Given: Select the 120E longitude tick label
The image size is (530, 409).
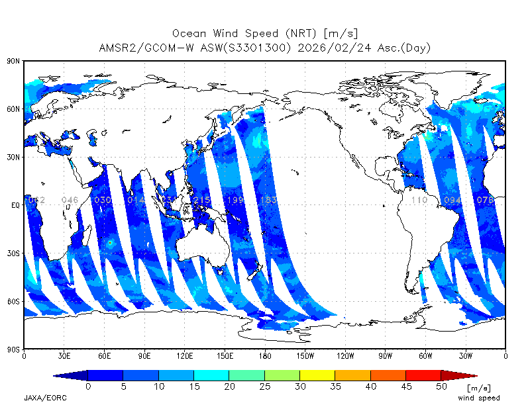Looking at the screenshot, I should pos(185,355).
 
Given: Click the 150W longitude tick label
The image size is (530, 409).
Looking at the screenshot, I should pos(305,355).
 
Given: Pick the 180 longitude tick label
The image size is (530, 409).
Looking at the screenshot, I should pos(265,355).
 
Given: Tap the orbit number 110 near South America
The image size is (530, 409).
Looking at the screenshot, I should pos(419,200).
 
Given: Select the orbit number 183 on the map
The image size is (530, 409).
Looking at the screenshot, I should pos(268,200).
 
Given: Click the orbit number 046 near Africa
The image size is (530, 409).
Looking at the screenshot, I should pos(70,200).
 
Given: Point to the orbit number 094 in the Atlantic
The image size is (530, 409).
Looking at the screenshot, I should pos(452,200).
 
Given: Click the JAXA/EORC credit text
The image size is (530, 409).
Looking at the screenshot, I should pos(45,398).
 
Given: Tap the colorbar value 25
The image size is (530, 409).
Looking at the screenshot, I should pos(265,386).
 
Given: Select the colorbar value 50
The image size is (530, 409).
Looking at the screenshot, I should pos(441,386).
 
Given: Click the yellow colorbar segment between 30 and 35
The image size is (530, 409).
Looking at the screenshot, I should pos(317,375).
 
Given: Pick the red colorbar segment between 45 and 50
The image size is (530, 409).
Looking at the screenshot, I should pos(423,375).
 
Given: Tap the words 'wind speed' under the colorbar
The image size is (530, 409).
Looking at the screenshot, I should pos(478,398).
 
